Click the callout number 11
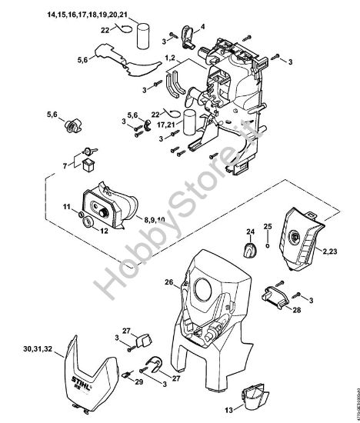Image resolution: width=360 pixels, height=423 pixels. [x=67, y=205]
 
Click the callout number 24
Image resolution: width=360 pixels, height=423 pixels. [x=250, y=231]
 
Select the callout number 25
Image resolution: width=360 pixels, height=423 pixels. [x=268, y=225]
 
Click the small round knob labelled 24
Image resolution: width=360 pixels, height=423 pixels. [x=250, y=248]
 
